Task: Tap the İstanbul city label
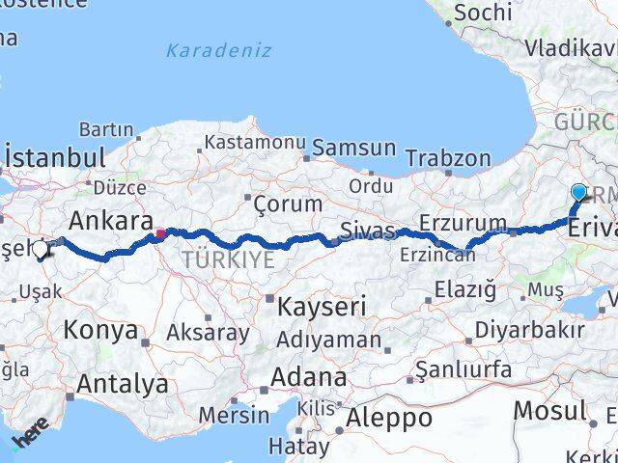[54, 157]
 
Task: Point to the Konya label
[100, 330]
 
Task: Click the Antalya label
[122, 384]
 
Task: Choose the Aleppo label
[389, 418]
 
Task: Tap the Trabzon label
[447, 157]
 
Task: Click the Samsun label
[353, 148]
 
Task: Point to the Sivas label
[367, 231]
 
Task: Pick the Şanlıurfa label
[463, 369]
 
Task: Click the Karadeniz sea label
[218, 50]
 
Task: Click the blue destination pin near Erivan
[578, 193]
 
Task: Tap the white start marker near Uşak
[41, 250]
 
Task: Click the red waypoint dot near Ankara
[159, 232]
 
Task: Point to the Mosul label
[548, 409]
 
